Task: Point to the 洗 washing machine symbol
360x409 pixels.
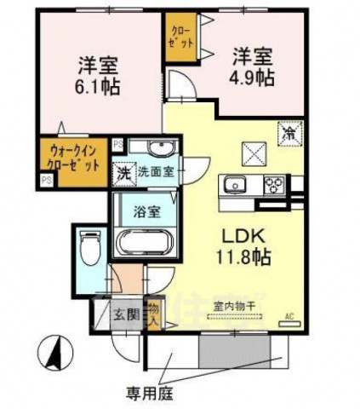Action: click(124, 171)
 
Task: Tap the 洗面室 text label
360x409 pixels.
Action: click(157, 171)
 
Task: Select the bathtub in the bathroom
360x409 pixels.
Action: click(144, 239)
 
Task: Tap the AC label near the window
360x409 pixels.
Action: click(288, 314)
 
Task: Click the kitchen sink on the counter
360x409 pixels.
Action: click(236, 183)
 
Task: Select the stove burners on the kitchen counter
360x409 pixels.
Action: click(273, 183)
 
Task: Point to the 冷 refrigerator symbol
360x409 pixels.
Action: click(290, 132)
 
